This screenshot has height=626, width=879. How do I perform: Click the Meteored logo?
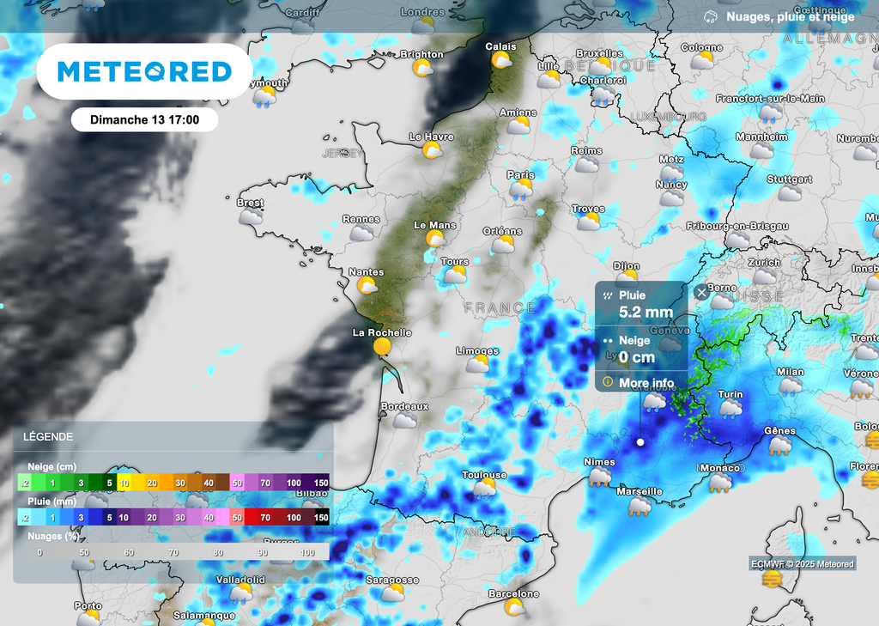(144, 71)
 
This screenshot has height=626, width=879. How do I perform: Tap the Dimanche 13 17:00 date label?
(144, 119)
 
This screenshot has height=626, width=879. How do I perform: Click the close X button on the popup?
(701, 293)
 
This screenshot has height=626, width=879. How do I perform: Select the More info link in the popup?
(646, 382)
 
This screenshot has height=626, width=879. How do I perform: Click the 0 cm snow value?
(637, 357)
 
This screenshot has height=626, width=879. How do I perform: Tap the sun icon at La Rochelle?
(381, 347)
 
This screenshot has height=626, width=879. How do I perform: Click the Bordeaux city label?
(403, 405)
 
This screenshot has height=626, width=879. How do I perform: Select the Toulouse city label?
(484, 475)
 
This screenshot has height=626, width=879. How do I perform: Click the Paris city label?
(520, 174)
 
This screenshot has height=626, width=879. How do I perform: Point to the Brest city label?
(251, 203)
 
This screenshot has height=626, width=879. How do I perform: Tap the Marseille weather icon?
(640, 507)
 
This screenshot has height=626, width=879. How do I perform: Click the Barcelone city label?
(513, 593)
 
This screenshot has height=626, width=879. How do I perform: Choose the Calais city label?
(500, 46)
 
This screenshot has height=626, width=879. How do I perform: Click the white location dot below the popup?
(640, 442)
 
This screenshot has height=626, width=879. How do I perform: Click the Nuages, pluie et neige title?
(790, 16)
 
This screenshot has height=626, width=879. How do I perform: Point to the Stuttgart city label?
(789, 179)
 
